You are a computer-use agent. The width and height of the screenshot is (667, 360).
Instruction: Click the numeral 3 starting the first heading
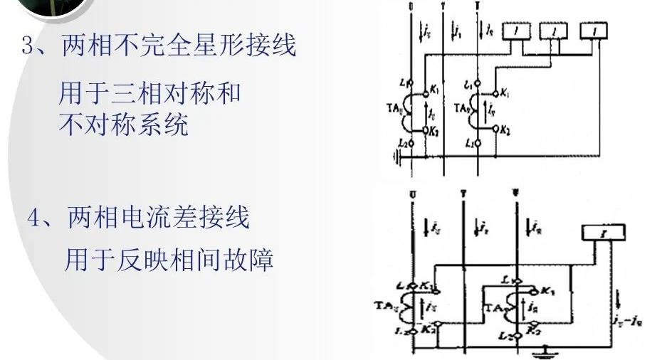coord(28,47)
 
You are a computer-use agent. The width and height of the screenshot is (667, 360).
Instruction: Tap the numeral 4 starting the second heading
coord(35,218)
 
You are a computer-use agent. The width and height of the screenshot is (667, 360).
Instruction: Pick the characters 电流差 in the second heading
coord(170,217)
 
